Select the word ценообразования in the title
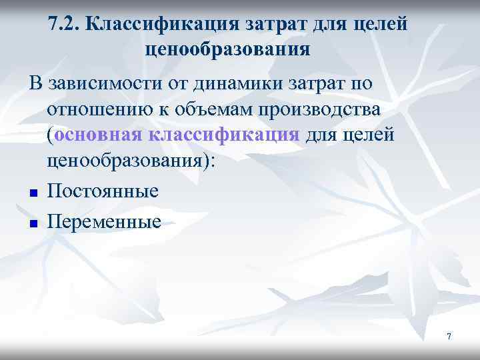click(x=227, y=49)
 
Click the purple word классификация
click(x=224, y=135)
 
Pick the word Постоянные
click(x=103, y=191)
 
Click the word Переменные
click(x=105, y=221)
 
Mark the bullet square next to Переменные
click(x=32, y=223)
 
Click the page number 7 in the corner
click(x=449, y=337)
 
